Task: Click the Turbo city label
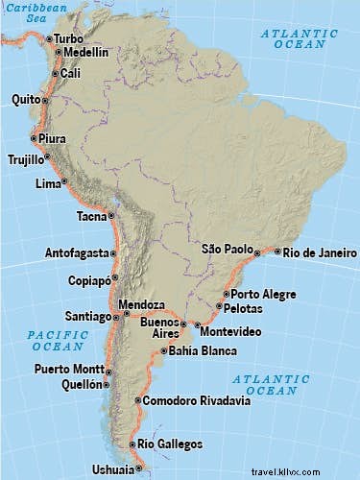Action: [x=69, y=38]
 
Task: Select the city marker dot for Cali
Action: [x=53, y=73]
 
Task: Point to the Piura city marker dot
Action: [x=34, y=138]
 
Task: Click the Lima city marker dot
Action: [x=65, y=182]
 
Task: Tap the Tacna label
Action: [x=91, y=216]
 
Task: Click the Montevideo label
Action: [x=228, y=330]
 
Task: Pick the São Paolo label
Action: [x=226, y=248]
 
